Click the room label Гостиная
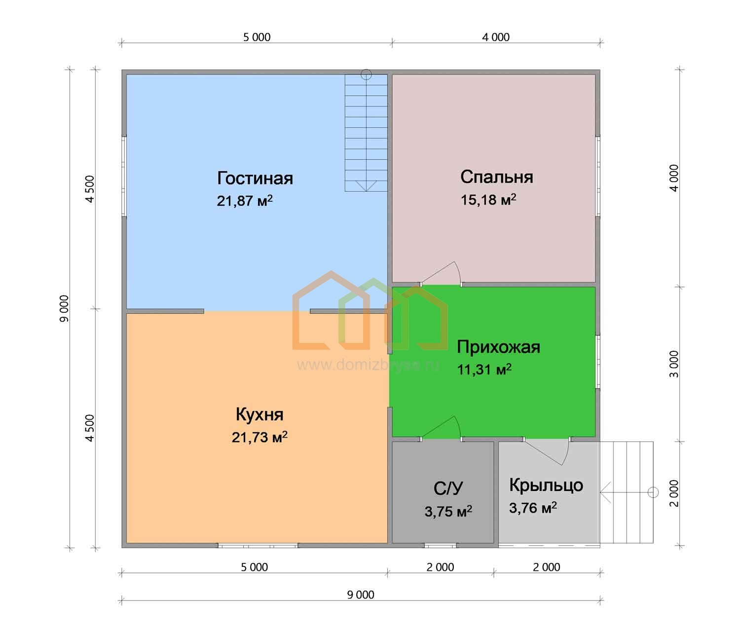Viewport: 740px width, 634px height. pyautogui.click(x=255, y=178)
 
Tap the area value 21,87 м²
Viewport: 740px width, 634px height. pyautogui.click(x=245, y=200)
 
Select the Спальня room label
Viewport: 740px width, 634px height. pyautogui.click(x=497, y=177)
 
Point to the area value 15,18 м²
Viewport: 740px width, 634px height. pyautogui.click(x=488, y=199)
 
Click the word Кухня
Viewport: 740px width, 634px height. pyautogui.click(x=259, y=414)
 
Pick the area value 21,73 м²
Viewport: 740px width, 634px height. pyautogui.click(x=259, y=437)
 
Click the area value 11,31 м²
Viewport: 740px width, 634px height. pyautogui.click(x=484, y=370)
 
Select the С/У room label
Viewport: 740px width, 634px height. pyautogui.click(x=448, y=488)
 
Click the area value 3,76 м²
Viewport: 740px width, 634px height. pyautogui.click(x=533, y=508)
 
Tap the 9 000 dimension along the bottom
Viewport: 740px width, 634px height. pyautogui.click(x=361, y=595)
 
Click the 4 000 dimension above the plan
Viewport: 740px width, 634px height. pyautogui.click(x=495, y=37)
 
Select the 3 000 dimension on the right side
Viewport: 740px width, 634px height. pyautogui.click(x=674, y=364)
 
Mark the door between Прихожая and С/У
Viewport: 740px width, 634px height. pyautogui.click(x=441, y=427)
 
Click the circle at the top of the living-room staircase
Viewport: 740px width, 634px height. pyautogui.click(x=366, y=75)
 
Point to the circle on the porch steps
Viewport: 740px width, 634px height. pyautogui.click(x=653, y=492)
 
